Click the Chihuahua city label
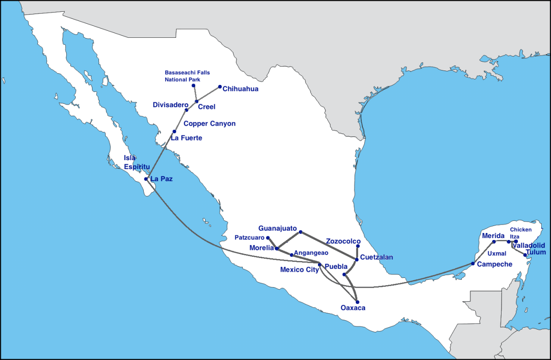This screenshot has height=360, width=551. (x=240, y=89)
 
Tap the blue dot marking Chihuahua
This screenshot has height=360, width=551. (x=220, y=86)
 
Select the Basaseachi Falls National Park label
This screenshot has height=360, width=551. (x=187, y=76)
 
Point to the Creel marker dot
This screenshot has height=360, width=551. (x=197, y=101)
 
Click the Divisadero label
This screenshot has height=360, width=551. (x=170, y=105)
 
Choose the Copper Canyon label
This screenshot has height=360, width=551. (x=210, y=124)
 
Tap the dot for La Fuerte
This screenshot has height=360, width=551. (x=174, y=131)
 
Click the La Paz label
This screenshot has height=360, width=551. (x=161, y=179)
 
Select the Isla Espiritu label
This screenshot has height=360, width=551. (x=136, y=162)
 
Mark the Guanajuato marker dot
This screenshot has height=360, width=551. (x=301, y=232)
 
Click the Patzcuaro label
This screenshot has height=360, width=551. (x=249, y=238)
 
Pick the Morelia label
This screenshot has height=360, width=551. (x=261, y=248)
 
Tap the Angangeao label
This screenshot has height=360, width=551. (x=311, y=253)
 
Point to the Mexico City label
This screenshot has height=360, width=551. (x=299, y=269)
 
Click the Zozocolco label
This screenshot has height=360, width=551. (x=343, y=241)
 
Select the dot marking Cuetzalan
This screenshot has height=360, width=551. (x=356, y=259)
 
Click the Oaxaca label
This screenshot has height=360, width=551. (x=353, y=308)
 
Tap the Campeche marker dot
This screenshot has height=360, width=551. (x=473, y=264)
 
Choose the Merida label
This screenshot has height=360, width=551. (x=494, y=236)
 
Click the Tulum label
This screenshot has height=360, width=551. (x=536, y=252)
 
